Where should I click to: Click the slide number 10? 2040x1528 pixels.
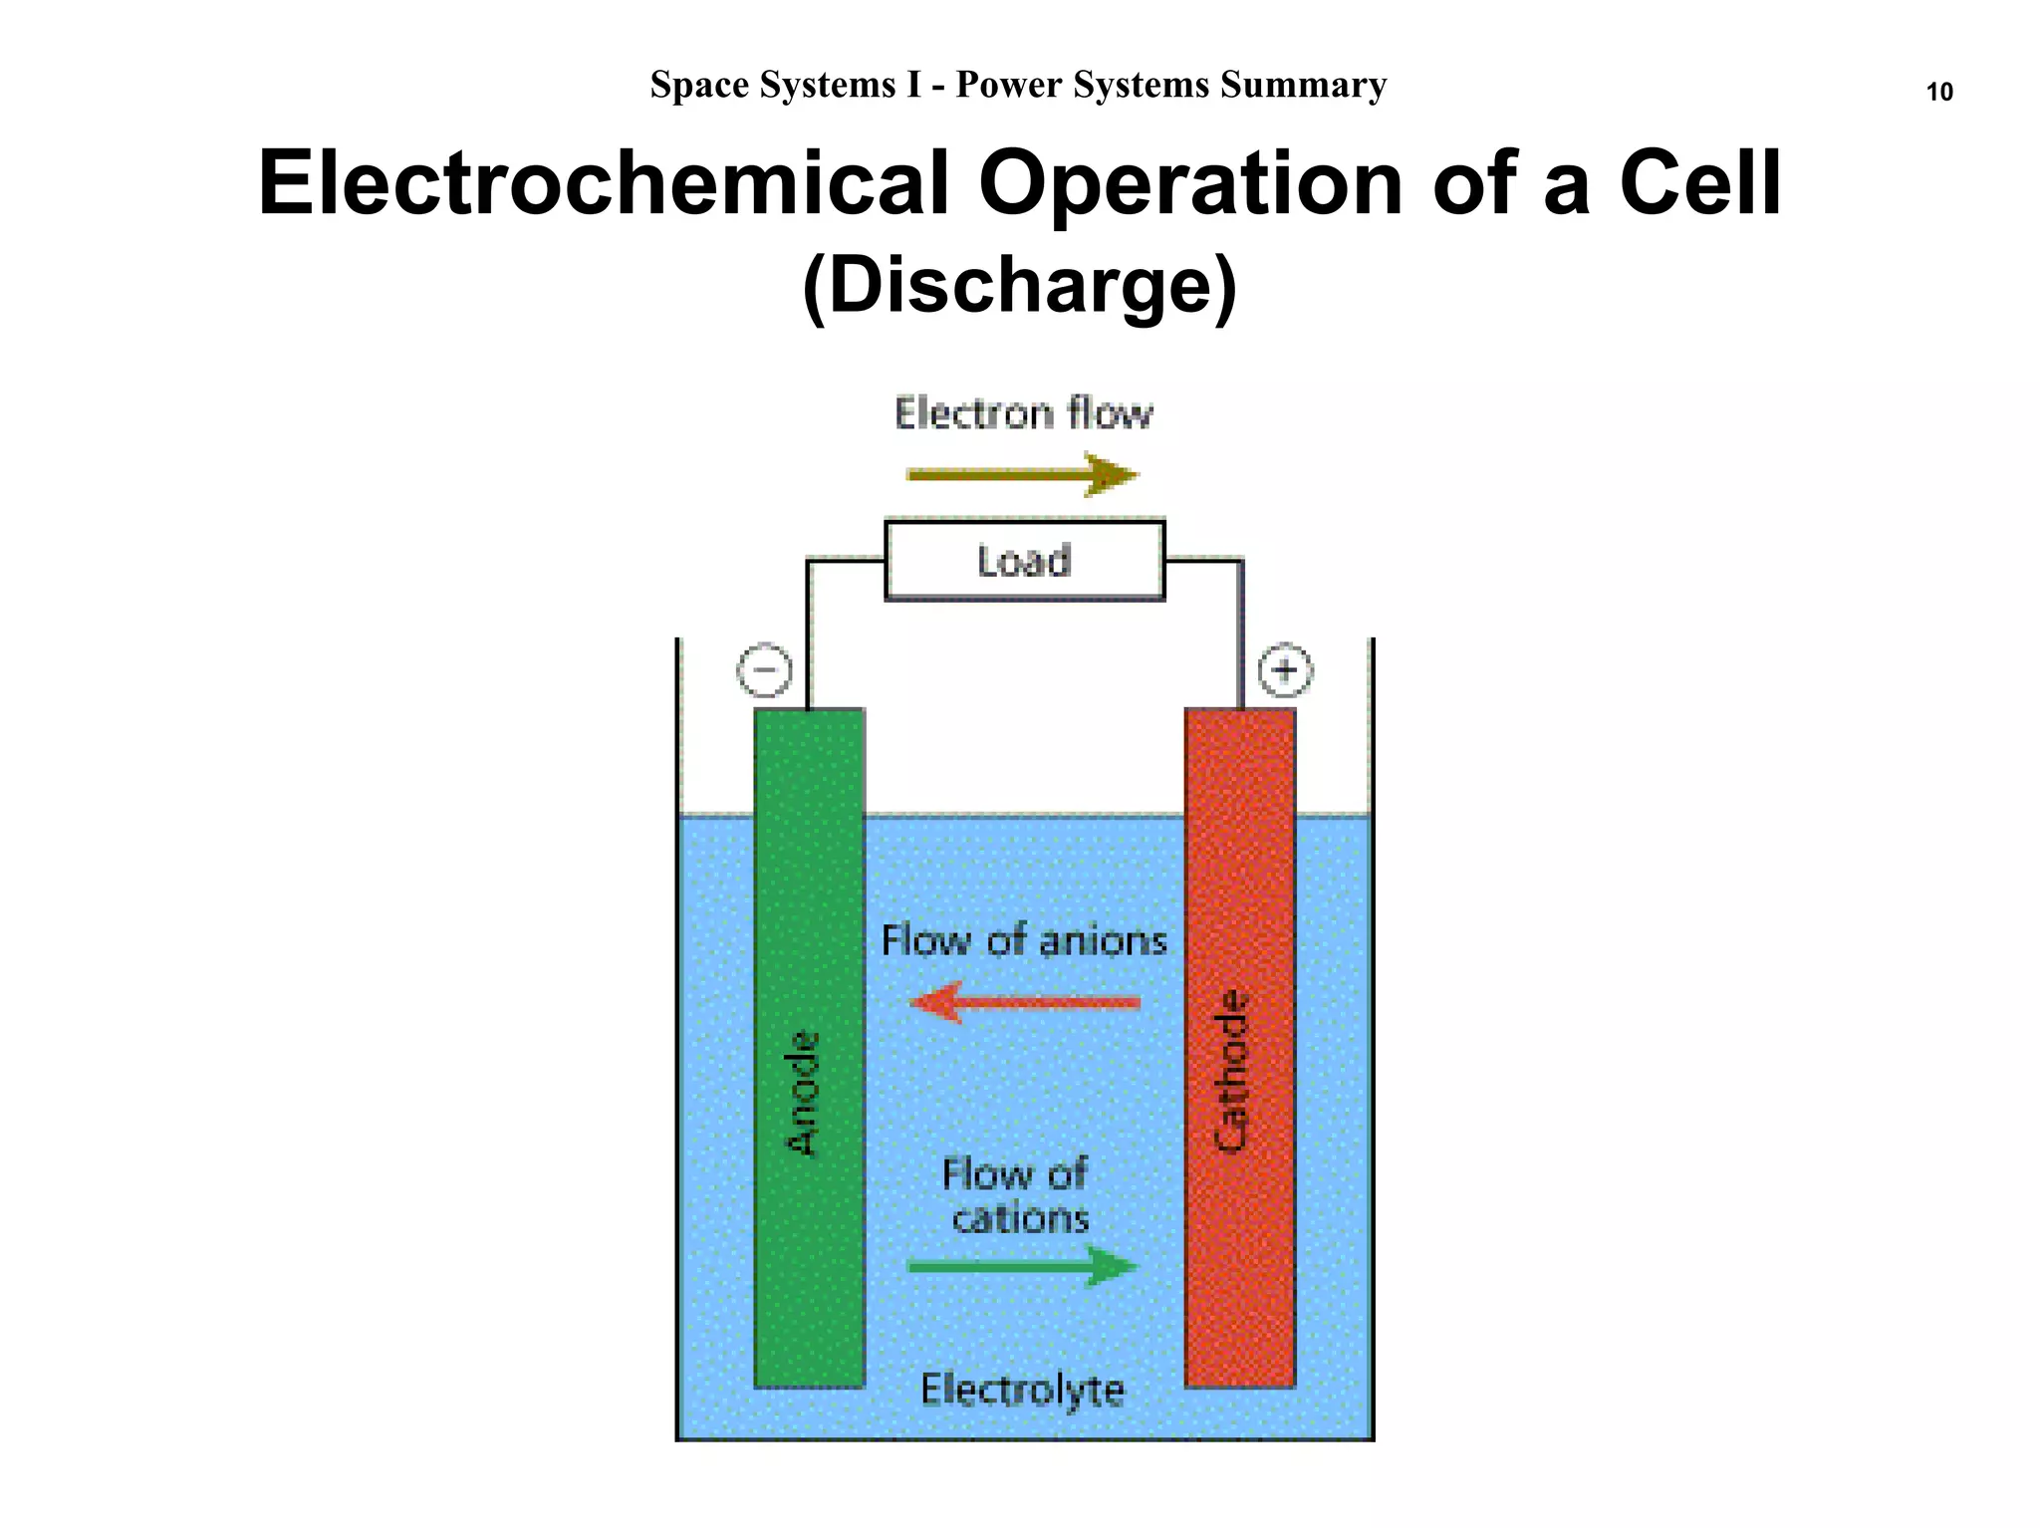[1939, 92]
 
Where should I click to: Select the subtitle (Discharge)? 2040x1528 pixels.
[1019, 287]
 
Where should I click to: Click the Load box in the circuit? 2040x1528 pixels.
[1025, 561]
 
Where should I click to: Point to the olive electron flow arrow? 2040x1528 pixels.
[1023, 474]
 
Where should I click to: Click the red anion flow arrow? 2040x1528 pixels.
[1025, 1002]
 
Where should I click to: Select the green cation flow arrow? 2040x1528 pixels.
[1023, 1266]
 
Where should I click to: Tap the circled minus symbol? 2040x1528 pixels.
[764, 669]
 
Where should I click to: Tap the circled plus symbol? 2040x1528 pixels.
[1285, 669]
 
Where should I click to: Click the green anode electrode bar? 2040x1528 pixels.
[809, 1048]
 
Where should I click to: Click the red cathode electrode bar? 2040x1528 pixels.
[1240, 1048]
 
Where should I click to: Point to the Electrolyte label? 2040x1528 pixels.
[1023, 1391]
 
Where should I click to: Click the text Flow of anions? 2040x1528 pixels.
[1024, 940]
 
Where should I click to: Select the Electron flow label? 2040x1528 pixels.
[1024, 412]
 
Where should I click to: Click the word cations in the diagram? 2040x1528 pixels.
[1021, 1218]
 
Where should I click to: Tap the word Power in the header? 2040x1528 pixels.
[1009, 85]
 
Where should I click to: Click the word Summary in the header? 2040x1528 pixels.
[1304, 86]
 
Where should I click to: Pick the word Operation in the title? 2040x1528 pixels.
[1191, 185]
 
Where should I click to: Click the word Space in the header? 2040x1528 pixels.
[699, 86]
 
